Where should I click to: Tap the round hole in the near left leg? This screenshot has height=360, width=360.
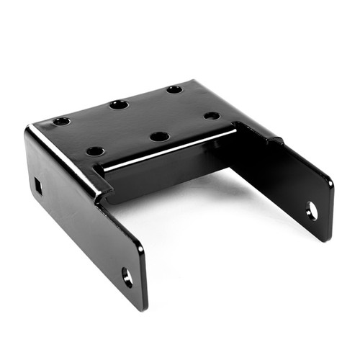[x=127, y=276]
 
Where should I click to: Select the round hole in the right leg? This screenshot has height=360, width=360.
[x=311, y=211]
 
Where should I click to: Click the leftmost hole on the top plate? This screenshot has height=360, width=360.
[x=61, y=121]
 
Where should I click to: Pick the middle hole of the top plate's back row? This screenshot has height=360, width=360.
[x=119, y=105]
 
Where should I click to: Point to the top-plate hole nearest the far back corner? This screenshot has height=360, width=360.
[x=174, y=90]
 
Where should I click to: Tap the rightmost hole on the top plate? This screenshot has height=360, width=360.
[x=212, y=115]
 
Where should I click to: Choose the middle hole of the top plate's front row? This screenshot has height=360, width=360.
[x=160, y=136]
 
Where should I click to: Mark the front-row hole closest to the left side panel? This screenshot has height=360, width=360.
[x=95, y=151]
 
